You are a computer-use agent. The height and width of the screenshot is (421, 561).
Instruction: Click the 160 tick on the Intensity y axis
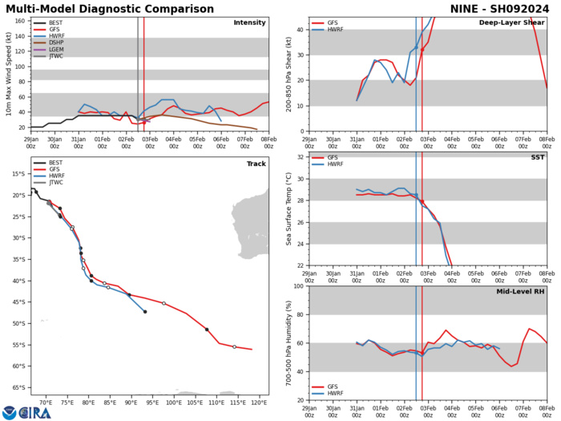pyautogui.click(x=20, y=21)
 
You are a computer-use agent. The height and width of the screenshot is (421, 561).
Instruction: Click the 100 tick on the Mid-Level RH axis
pyautogui.click(x=296, y=286)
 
